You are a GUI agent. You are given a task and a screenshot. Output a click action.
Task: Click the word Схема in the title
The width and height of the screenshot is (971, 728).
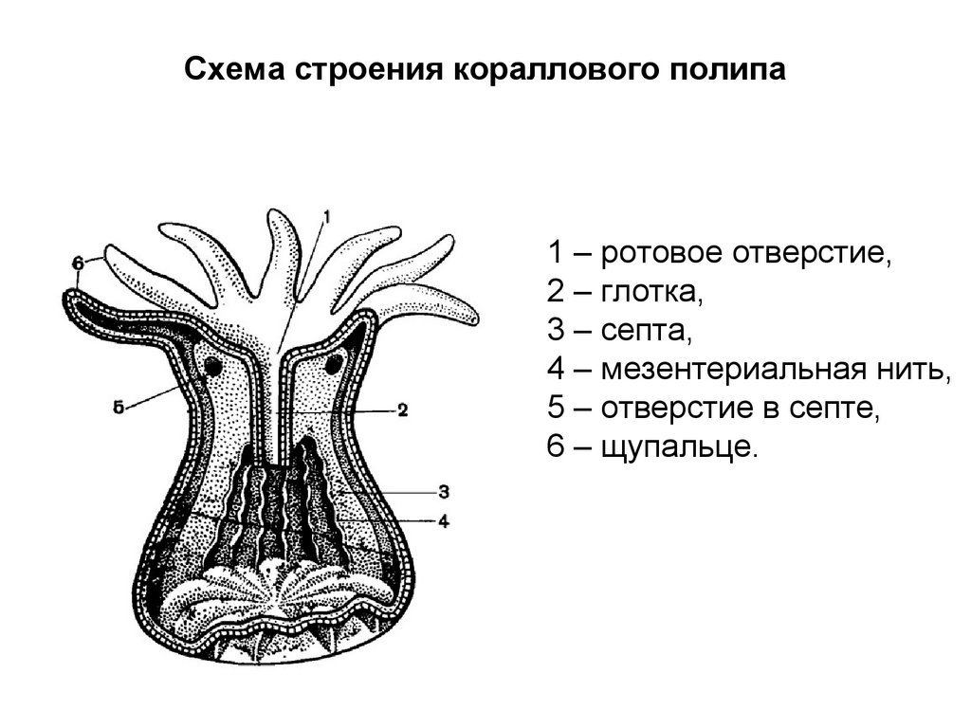235,72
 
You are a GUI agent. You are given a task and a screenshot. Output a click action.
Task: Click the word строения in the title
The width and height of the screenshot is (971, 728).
366,72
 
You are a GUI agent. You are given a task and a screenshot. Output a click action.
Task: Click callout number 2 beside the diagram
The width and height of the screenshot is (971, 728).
402,410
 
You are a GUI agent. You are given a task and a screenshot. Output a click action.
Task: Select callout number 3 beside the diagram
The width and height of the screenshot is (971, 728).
443,491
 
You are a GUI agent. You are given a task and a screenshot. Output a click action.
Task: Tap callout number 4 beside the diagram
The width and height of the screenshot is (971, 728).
443,520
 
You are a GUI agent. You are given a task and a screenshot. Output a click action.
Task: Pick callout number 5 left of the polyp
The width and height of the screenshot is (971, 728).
119,408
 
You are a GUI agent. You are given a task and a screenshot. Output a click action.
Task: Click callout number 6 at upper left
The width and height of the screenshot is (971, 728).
78,262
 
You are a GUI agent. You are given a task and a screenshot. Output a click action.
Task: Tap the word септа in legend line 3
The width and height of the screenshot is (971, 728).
647,332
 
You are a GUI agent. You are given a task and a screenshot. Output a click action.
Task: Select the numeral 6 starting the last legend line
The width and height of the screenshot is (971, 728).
555,447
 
